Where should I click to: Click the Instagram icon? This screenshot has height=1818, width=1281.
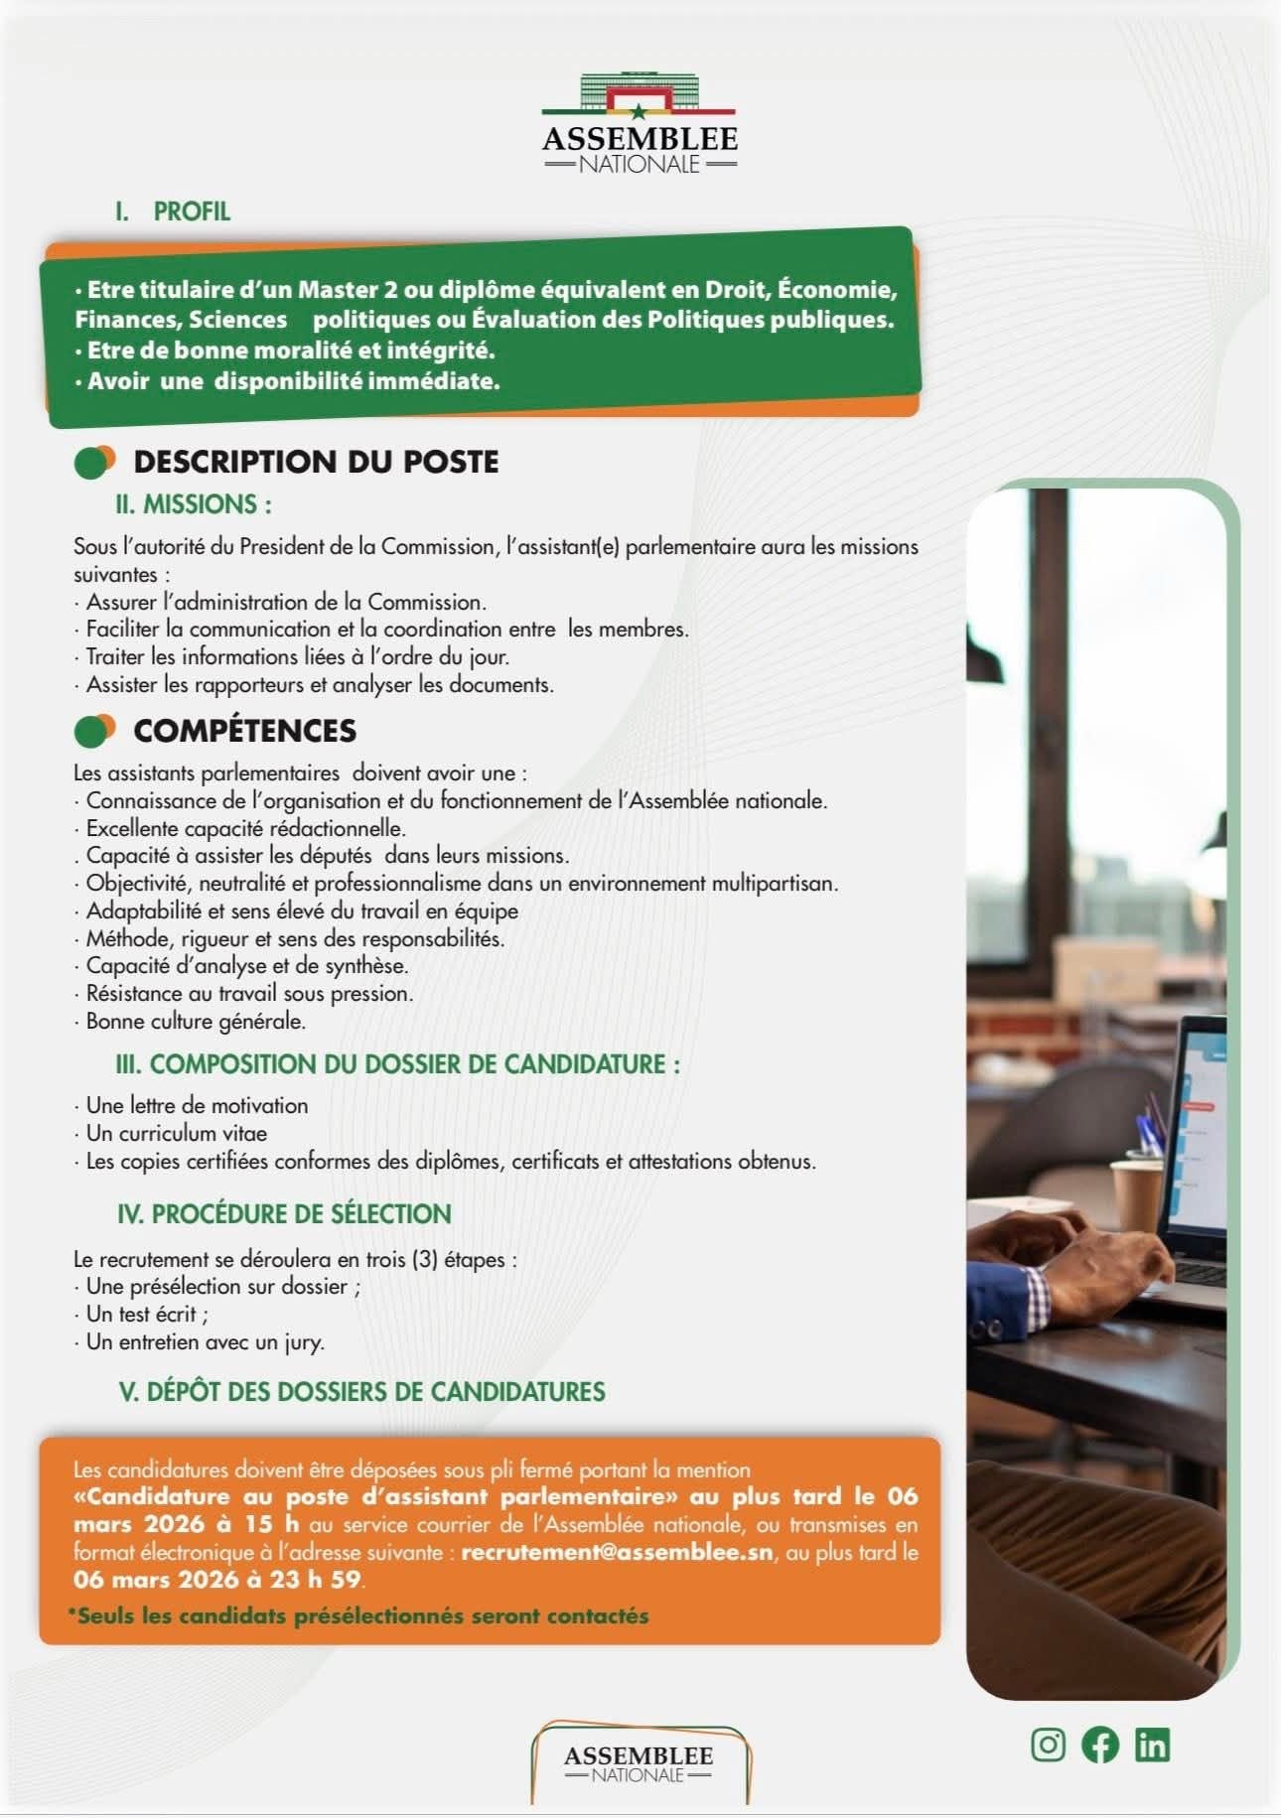(1048, 1745)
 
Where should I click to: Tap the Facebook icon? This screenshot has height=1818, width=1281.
(1100, 1745)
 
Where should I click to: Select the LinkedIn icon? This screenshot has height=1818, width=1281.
(1152, 1745)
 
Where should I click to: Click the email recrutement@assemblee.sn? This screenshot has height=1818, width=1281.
(617, 1552)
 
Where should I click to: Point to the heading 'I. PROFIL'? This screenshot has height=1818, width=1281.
(173, 211)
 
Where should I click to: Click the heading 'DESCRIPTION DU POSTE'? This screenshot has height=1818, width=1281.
(316, 462)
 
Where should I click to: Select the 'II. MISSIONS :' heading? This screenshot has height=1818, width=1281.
(194, 504)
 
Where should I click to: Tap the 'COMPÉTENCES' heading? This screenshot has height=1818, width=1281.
(244, 731)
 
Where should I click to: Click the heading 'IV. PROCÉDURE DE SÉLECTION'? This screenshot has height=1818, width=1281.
(284, 1213)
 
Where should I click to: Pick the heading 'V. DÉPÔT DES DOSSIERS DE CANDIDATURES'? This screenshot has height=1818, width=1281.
(361, 1391)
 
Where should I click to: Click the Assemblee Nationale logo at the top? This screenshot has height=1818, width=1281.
(640, 125)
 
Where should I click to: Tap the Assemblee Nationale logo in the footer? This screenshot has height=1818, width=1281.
(639, 1763)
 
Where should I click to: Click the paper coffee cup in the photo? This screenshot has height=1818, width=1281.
(1136, 1195)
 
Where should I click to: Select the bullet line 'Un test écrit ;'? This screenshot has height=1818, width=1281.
(147, 1314)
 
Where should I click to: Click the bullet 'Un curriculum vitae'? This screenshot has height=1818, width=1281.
(176, 1133)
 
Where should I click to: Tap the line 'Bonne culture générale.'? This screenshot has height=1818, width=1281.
(196, 1021)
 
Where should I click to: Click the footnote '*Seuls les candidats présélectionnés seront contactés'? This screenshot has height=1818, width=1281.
(357, 1615)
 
